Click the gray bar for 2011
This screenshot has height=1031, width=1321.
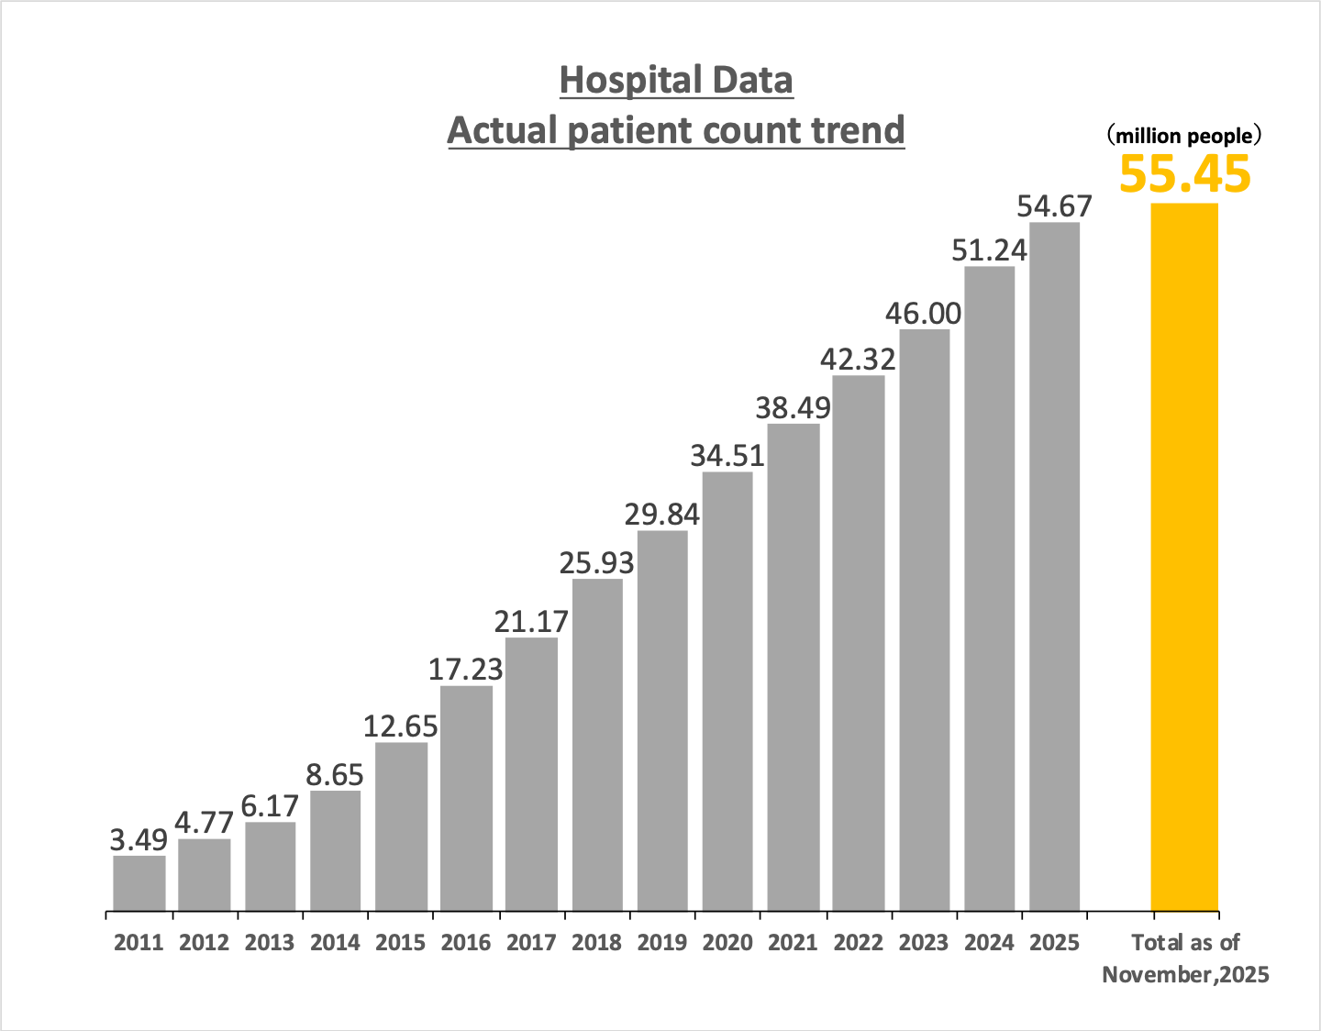click(x=139, y=883)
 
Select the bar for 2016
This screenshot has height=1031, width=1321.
click(x=466, y=798)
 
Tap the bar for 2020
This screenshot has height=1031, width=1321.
click(x=727, y=692)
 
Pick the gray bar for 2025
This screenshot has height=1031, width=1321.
click(x=1054, y=567)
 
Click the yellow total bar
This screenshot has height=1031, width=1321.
click(x=1184, y=557)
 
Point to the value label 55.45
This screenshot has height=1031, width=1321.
click(x=1184, y=173)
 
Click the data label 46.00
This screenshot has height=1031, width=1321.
click(x=923, y=314)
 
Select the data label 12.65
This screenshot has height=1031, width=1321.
click(x=401, y=726)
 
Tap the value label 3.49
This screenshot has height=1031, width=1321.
click(x=139, y=839)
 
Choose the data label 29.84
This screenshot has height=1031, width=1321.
click(x=661, y=515)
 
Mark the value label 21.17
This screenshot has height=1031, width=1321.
click(x=531, y=622)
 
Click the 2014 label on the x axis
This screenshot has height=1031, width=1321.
click(x=335, y=942)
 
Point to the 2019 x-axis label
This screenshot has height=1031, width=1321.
click(x=661, y=942)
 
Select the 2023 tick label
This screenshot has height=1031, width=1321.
click(x=923, y=942)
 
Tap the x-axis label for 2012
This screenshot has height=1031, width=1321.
click(x=204, y=942)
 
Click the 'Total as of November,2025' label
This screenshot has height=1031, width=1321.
click(x=1185, y=958)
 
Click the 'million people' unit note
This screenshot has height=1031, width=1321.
click(x=1183, y=137)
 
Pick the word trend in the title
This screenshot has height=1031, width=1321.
click(x=858, y=130)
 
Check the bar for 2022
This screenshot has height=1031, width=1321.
click(x=858, y=643)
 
